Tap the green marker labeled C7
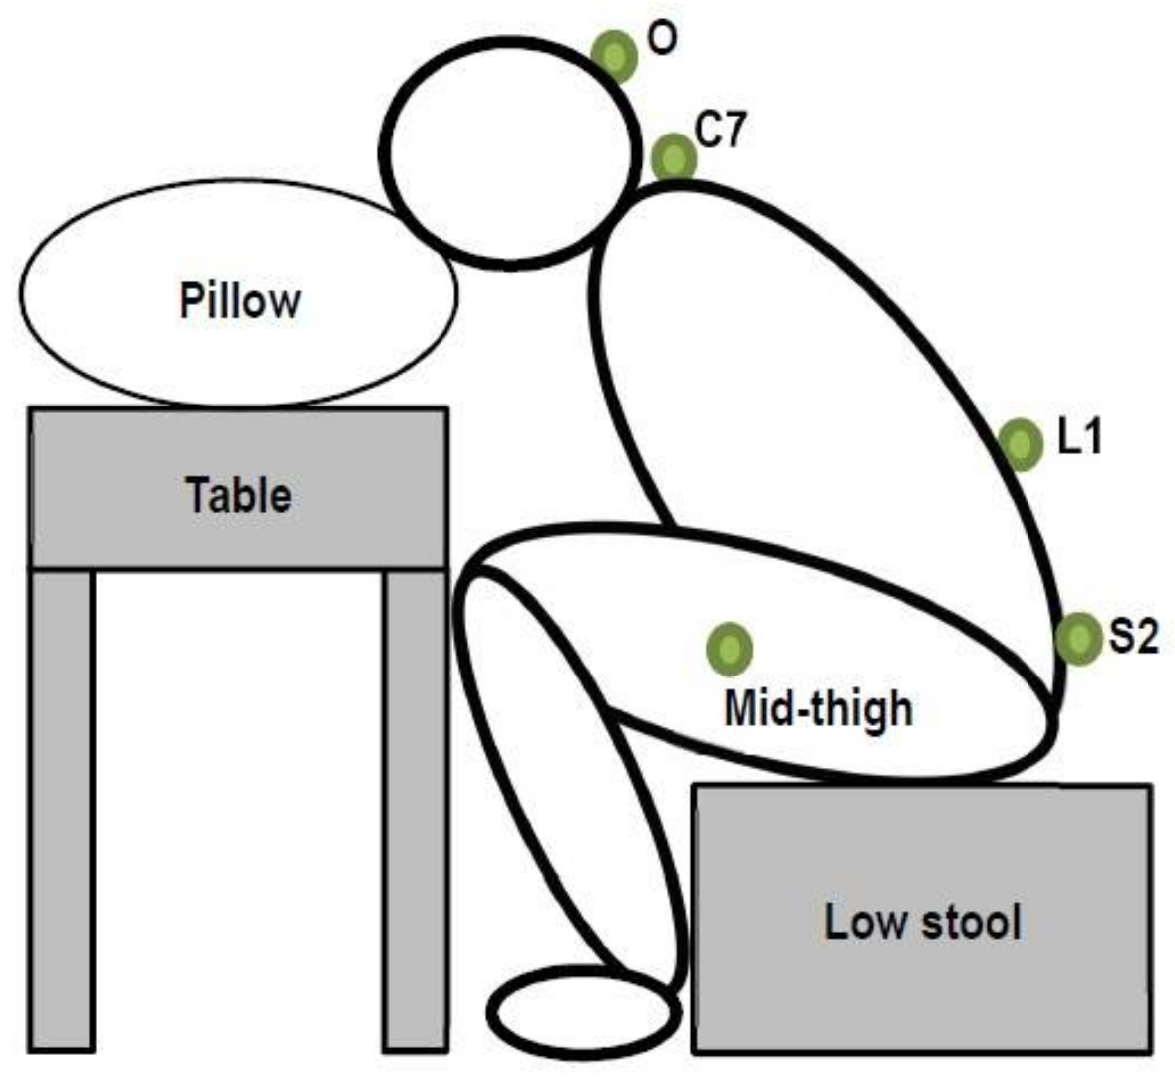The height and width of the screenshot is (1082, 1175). [675, 157]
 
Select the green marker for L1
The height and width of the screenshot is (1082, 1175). [1020, 443]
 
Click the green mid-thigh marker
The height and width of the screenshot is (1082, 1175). [730, 649]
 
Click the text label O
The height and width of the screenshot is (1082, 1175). [662, 38]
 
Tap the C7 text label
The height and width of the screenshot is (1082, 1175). [720, 131]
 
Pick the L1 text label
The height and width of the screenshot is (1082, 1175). [1080, 436]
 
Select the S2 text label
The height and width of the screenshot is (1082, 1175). [1134, 636]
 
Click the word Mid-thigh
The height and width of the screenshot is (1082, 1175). [817, 708]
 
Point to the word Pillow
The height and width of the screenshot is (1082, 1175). [240, 300]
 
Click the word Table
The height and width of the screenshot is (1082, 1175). [239, 495]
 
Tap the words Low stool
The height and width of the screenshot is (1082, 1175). [923, 922]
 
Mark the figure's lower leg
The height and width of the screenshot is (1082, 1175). [568, 777]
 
